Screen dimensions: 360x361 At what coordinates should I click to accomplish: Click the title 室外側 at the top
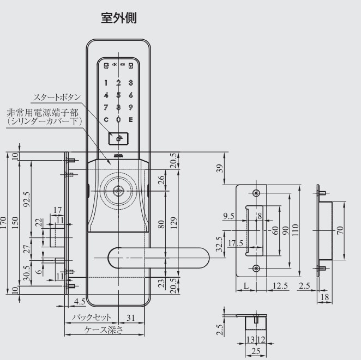(118, 18)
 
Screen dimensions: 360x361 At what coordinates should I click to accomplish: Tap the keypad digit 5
(118, 95)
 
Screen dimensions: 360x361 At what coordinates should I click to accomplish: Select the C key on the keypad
(106, 119)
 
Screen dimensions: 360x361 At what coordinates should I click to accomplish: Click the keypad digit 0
(118, 119)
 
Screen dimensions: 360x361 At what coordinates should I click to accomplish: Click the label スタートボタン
(57, 97)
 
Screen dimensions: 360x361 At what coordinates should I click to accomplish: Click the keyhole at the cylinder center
(118, 192)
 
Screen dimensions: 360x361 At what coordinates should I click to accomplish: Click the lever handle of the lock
(158, 257)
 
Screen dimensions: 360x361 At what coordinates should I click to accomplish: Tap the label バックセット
(91, 317)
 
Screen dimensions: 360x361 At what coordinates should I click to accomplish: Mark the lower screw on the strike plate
(256, 267)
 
